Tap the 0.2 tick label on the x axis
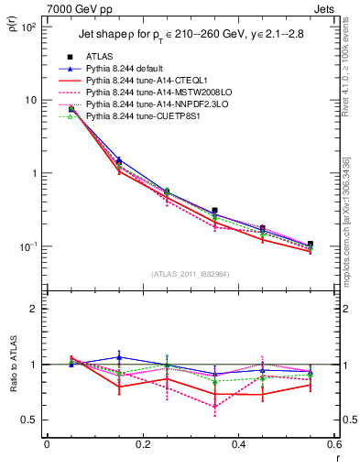[142, 444]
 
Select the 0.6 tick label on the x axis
[333, 444]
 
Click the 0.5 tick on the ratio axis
[30, 420]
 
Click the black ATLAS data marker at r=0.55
[311, 245]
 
